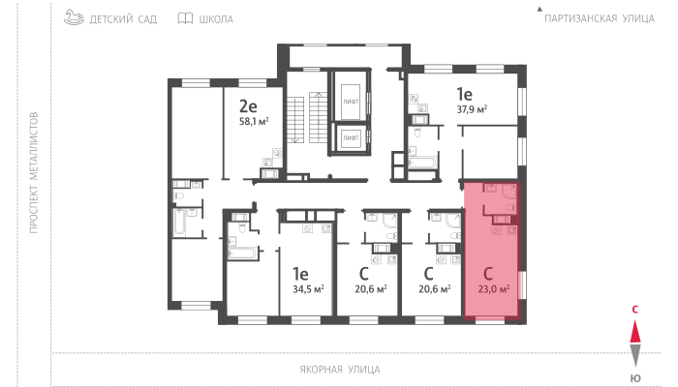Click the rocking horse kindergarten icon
(x=74, y=17)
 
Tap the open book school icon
(x=186, y=18)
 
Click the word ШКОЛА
(x=216, y=19)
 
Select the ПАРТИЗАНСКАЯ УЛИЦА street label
(x=600, y=18)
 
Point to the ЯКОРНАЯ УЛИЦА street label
(x=340, y=370)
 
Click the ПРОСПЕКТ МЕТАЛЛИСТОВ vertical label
(x=34, y=173)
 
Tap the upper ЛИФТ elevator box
(x=351, y=102)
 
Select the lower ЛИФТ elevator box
(x=351, y=137)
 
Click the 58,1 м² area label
(x=254, y=121)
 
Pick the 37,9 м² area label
(x=472, y=109)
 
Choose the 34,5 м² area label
(x=308, y=289)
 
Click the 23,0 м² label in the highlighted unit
(x=493, y=289)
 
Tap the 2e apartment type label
(x=248, y=105)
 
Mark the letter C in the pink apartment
(x=488, y=274)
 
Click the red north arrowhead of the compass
(x=635, y=332)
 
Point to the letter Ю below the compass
(x=635, y=378)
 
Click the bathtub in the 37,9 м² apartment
(x=422, y=163)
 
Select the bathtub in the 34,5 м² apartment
(x=242, y=253)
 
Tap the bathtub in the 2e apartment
(x=180, y=223)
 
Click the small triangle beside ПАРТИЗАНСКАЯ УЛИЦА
(x=539, y=9)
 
